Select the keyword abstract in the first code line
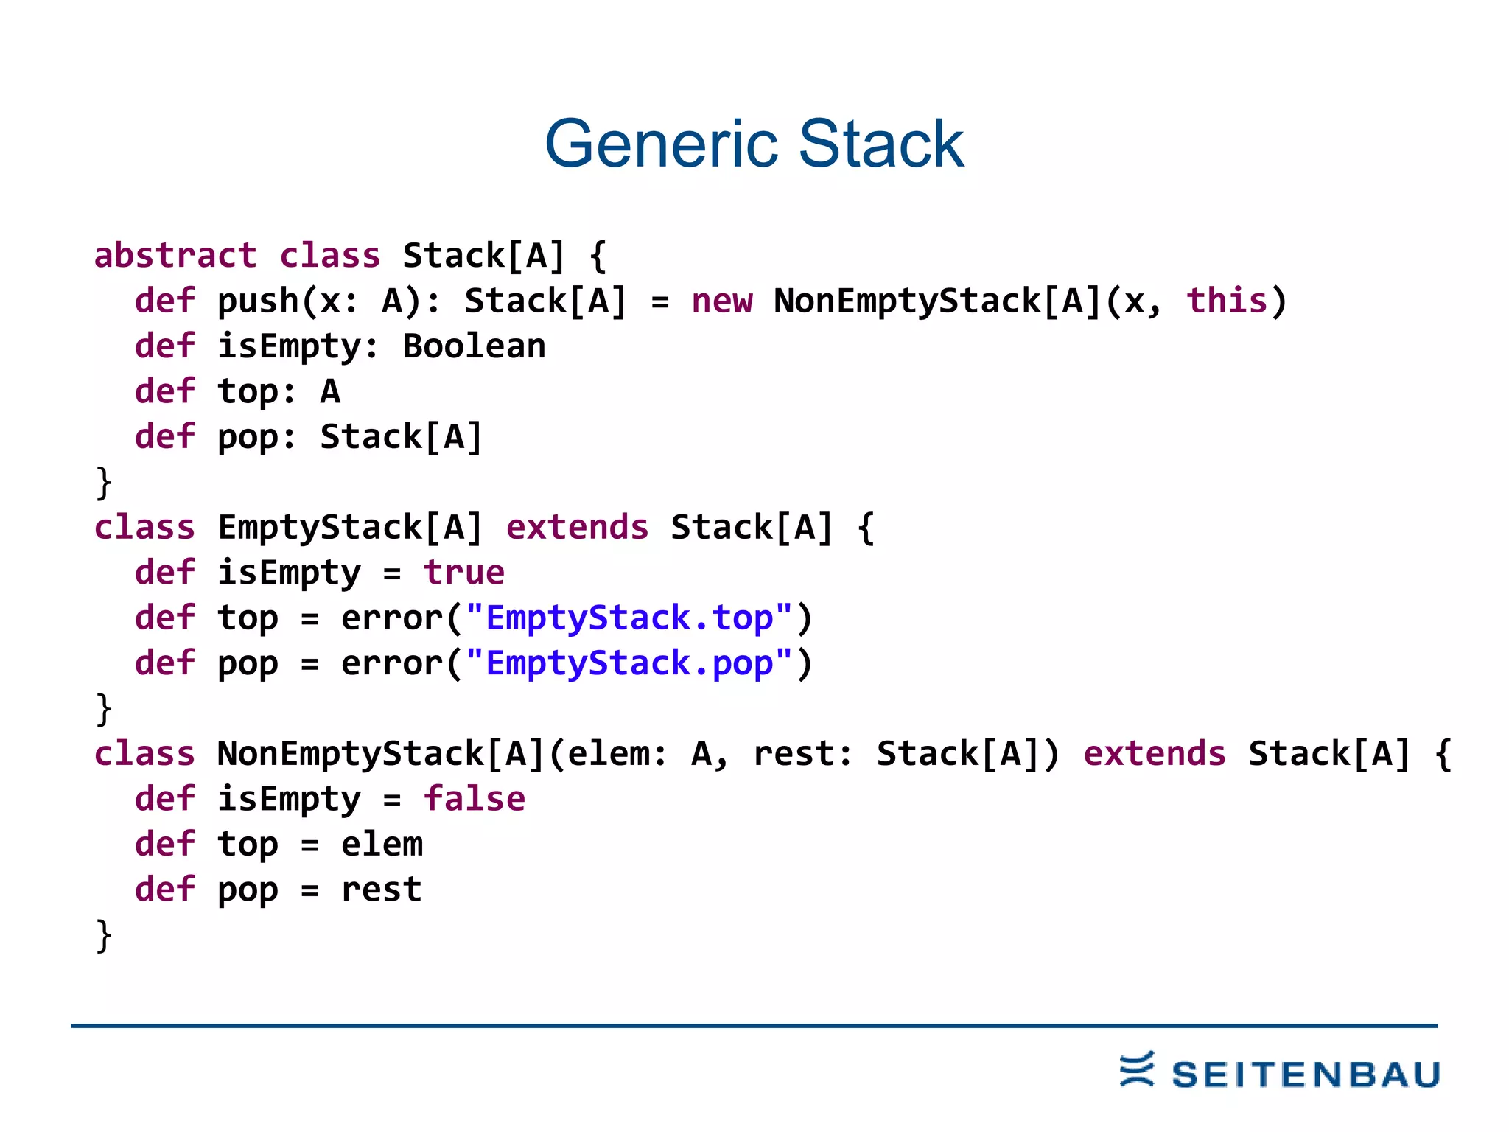(175, 256)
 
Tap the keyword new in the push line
(722, 301)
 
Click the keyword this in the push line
(1227, 301)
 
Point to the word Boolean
(474, 346)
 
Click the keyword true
(464, 573)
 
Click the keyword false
(474, 799)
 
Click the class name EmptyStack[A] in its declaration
(350, 528)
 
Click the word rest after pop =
(381, 890)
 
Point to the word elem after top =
(382, 845)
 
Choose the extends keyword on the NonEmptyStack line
(1154, 754)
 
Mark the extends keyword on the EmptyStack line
(577, 528)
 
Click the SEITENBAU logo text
(1306, 1075)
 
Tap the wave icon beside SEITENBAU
(1137, 1069)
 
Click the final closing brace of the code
(104, 936)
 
